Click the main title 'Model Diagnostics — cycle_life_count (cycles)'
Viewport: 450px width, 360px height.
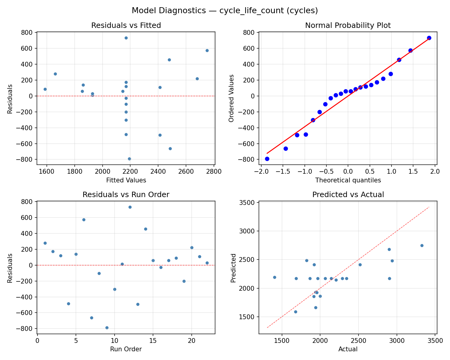tap(225, 11)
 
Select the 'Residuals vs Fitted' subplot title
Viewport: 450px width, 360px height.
tap(126, 25)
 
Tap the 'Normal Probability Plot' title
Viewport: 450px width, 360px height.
tap(348, 25)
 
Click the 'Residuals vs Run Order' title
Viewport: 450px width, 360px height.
tap(126, 195)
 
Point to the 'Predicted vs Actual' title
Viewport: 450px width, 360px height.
tap(348, 195)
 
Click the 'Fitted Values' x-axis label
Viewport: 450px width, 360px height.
tap(126, 180)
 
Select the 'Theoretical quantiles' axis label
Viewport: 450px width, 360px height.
tap(348, 180)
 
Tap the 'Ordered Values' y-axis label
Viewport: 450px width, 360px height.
tap(231, 98)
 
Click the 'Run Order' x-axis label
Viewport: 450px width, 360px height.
tap(126, 349)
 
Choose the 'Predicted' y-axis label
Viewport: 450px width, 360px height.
tap(233, 268)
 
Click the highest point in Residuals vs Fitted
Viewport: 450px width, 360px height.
tap(126, 38)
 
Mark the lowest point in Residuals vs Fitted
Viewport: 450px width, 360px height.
tap(129, 159)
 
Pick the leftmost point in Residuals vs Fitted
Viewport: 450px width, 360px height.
tap(45, 89)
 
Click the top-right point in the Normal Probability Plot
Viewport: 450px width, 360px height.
tap(429, 38)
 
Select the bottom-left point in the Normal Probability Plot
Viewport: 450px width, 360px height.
tap(267, 159)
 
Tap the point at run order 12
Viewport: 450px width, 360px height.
tap(130, 207)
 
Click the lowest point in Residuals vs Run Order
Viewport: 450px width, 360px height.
tap(107, 328)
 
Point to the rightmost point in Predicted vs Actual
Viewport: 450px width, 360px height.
tap(422, 245)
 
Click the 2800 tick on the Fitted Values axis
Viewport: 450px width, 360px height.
tap(214, 172)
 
